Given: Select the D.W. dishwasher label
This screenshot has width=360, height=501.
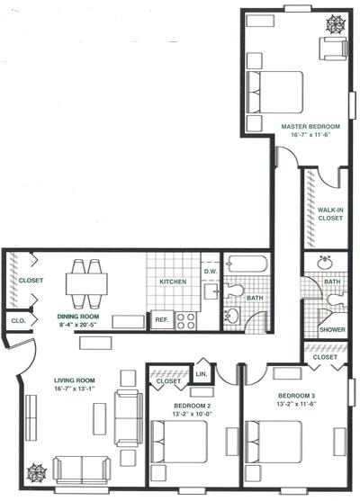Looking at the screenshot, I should pyautogui.click(x=211, y=271).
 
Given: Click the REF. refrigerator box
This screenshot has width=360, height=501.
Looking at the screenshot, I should pyautogui.click(x=162, y=318).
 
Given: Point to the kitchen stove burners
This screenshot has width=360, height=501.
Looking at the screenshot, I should pyautogui.click(x=187, y=321).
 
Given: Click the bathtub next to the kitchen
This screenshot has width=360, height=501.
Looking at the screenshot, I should pyautogui.click(x=245, y=267).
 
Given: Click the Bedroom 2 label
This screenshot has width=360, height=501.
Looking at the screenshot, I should pyautogui.click(x=192, y=405).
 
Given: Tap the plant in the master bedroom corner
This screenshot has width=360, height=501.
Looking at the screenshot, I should pyautogui.click(x=332, y=22).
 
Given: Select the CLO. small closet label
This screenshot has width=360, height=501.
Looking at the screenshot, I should pyautogui.click(x=17, y=319).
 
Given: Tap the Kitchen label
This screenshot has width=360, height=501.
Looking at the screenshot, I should pyautogui.click(x=173, y=282).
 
